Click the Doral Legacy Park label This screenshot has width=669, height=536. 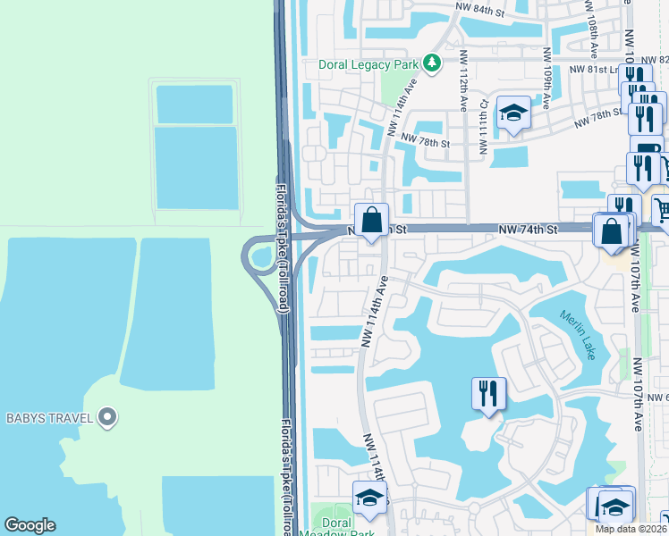pyautogui.click(x=368, y=64)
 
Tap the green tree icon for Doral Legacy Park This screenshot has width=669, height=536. pyautogui.click(x=432, y=63)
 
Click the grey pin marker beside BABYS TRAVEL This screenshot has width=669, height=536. pyautogui.click(x=107, y=416)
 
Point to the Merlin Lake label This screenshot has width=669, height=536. pyautogui.click(x=577, y=335)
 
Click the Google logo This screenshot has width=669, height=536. pyautogui.click(x=30, y=525)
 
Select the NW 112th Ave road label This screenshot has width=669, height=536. pyautogui.click(x=463, y=80)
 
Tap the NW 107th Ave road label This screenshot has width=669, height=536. pyautogui.click(x=638, y=393)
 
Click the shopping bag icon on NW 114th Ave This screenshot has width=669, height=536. pyautogui.click(x=371, y=220)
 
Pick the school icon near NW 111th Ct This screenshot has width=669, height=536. pyautogui.click(x=513, y=113)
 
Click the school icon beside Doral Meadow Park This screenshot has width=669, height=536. pyautogui.click(x=368, y=498)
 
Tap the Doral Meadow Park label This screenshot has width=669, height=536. pyautogui.click(x=336, y=527)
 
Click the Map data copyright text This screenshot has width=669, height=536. pyautogui.click(x=631, y=529)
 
